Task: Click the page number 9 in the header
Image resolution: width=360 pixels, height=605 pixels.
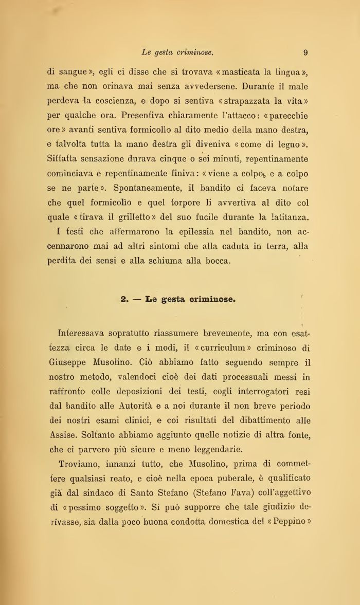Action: coord(305,52)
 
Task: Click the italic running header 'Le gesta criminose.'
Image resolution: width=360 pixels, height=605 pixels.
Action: coord(177,52)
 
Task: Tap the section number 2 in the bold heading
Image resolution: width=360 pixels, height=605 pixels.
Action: coord(123,299)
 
